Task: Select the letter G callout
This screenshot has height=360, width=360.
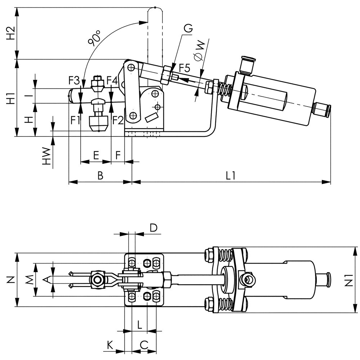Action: coord(188,28)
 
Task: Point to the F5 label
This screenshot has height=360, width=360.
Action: coord(185,68)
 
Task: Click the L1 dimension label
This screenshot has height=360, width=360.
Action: coord(230,176)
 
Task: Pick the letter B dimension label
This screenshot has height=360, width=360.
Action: coord(100,176)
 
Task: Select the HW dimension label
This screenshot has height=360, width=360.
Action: coord(46,156)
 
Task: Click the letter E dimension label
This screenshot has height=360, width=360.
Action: coord(96,156)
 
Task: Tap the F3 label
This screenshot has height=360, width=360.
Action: coord(74,81)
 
